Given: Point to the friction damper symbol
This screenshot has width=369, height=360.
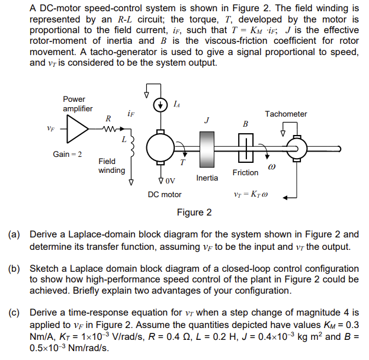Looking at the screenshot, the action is [245, 147].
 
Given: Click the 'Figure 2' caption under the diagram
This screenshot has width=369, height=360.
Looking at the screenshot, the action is [194, 212].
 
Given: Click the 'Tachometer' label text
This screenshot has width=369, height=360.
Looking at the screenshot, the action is [286, 114].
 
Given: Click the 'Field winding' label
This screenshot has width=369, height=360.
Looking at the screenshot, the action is [111, 166].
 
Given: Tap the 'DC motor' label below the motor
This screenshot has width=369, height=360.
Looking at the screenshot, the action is [165, 194].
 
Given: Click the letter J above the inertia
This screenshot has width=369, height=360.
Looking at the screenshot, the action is [206, 120].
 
